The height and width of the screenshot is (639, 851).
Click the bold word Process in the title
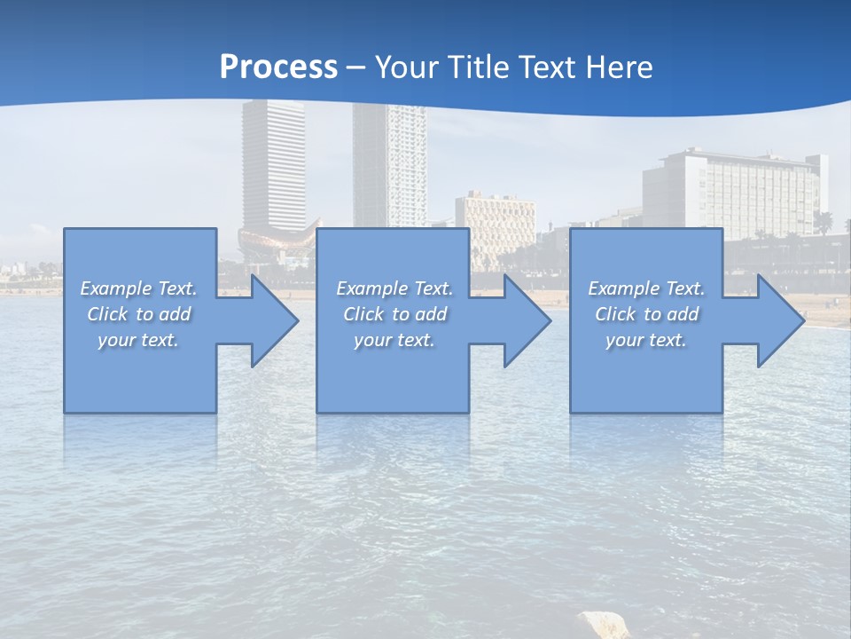pos(278,67)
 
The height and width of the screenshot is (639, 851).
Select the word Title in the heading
pos(475,67)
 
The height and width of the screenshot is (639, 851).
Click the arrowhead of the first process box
pos(270,320)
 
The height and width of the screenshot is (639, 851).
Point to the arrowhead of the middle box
pos(524,320)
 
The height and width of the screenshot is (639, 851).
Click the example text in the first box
pos(139,314)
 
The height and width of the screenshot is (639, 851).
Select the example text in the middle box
pos(394,314)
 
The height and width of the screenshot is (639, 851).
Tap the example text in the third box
pos(646,314)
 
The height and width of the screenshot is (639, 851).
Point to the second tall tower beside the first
pos(389,164)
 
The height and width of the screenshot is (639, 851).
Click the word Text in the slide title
pos(549,67)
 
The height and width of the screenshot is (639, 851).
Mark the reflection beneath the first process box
pos(140,439)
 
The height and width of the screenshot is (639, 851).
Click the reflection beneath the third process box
pos(646,439)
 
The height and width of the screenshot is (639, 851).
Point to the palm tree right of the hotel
pos(824,222)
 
